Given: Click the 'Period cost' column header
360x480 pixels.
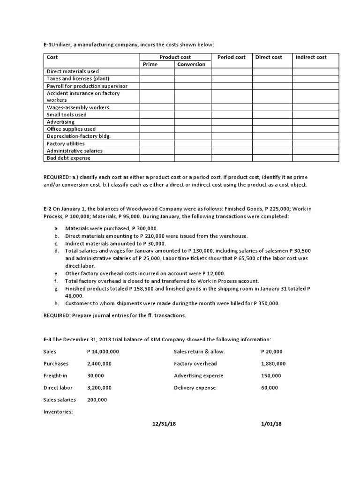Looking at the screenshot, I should pos(231,57).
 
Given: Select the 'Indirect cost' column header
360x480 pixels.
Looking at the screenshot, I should pos(311,57).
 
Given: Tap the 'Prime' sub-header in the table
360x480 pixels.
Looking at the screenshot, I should pos(150,64).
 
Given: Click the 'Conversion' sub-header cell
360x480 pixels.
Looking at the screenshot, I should pos(191,64).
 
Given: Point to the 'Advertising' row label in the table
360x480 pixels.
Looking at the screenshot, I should pos(60,122).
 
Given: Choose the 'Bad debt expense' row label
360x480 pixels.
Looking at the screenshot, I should pos(68,158).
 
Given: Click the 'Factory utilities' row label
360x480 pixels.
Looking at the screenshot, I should pos(66,143).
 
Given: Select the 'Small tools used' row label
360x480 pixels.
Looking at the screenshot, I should pos(67,114).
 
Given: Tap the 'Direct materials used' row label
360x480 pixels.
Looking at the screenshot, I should pos(73,71).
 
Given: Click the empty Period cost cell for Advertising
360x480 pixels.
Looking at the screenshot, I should pos(231,122).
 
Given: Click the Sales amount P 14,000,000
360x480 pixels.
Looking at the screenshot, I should pos(103,352).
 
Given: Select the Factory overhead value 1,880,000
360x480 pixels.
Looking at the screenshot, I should pos(273,364).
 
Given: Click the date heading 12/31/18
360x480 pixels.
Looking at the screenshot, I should pos(161,424).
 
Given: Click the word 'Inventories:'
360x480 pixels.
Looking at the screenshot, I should pos(58,412).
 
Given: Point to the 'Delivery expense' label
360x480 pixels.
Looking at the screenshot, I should pos(195,388).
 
